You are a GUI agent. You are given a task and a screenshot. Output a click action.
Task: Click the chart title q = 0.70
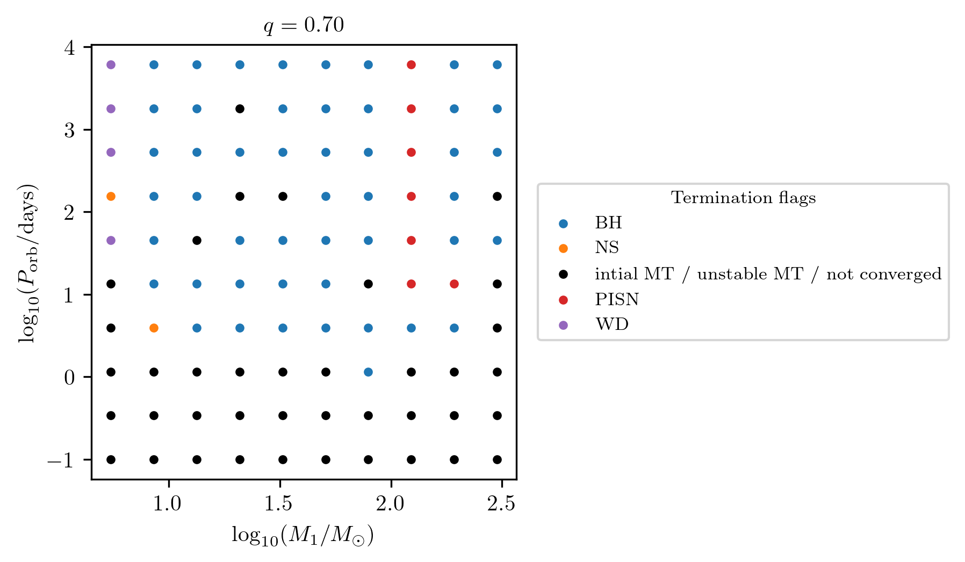coord(304,25)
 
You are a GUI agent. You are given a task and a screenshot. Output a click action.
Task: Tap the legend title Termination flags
coord(743,198)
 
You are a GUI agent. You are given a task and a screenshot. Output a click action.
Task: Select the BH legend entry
coord(608,223)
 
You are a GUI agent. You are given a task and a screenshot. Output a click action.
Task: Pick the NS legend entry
coord(607,248)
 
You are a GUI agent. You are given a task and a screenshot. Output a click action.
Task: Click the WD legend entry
coord(611,325)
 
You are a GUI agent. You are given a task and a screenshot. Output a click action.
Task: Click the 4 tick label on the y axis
coord(69,48)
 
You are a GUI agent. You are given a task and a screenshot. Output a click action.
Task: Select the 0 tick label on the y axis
coord(69,378)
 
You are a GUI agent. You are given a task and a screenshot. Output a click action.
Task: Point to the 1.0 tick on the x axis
coord(168,505)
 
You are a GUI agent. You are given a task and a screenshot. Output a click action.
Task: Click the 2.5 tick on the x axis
coord(501,505)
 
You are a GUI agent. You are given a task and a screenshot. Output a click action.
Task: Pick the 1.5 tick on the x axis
coord(279,505)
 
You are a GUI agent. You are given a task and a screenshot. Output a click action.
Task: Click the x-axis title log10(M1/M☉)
coord(303,536)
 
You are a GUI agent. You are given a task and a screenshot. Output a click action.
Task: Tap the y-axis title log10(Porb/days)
coord(27,264)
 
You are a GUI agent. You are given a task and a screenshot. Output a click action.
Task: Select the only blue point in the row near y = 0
coord(368,372)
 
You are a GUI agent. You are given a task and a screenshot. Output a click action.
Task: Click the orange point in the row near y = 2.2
coord(111,197)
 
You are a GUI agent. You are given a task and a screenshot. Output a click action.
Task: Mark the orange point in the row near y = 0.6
coord(154,328)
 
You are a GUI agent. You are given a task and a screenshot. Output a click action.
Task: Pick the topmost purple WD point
coord(111,65)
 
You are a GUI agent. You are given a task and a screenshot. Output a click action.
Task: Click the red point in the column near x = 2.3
coord(454,284)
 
